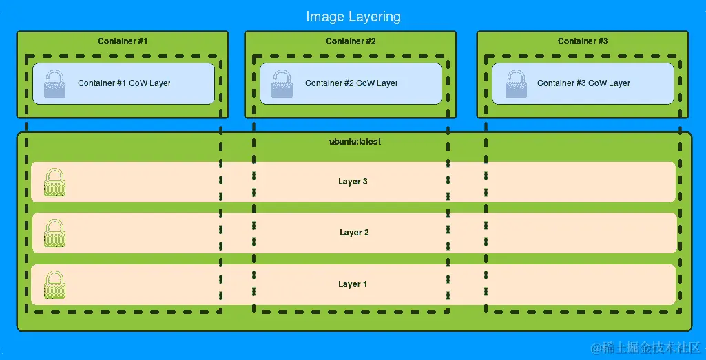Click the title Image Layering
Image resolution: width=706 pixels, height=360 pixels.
point(353,17)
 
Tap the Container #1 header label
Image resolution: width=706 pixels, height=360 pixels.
point(123,41)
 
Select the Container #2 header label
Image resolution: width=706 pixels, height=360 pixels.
point(351,41)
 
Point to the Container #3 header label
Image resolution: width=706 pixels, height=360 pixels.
point(583,41)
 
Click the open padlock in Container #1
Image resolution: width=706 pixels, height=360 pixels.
point(54,83)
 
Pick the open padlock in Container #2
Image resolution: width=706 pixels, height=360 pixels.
point(282,83)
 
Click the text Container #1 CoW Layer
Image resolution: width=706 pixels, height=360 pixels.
point(124,83)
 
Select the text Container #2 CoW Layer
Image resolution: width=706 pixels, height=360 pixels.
point(351,83)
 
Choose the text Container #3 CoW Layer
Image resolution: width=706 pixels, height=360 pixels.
point(583,83)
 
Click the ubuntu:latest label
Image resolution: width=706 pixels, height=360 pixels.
point(355,142)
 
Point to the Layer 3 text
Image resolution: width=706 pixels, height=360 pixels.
point(353,182)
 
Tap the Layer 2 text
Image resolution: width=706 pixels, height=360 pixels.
point(354,233)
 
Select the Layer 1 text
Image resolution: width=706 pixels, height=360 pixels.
point(353,284)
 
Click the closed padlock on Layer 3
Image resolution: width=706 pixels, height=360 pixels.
point(54,182)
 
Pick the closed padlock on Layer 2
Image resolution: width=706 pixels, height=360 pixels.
point(54,233)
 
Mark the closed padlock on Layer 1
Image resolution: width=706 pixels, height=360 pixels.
point(54,284)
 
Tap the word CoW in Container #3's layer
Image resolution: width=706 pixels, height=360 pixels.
point(597,83)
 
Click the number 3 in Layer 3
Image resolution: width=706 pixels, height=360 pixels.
point(364,182)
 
